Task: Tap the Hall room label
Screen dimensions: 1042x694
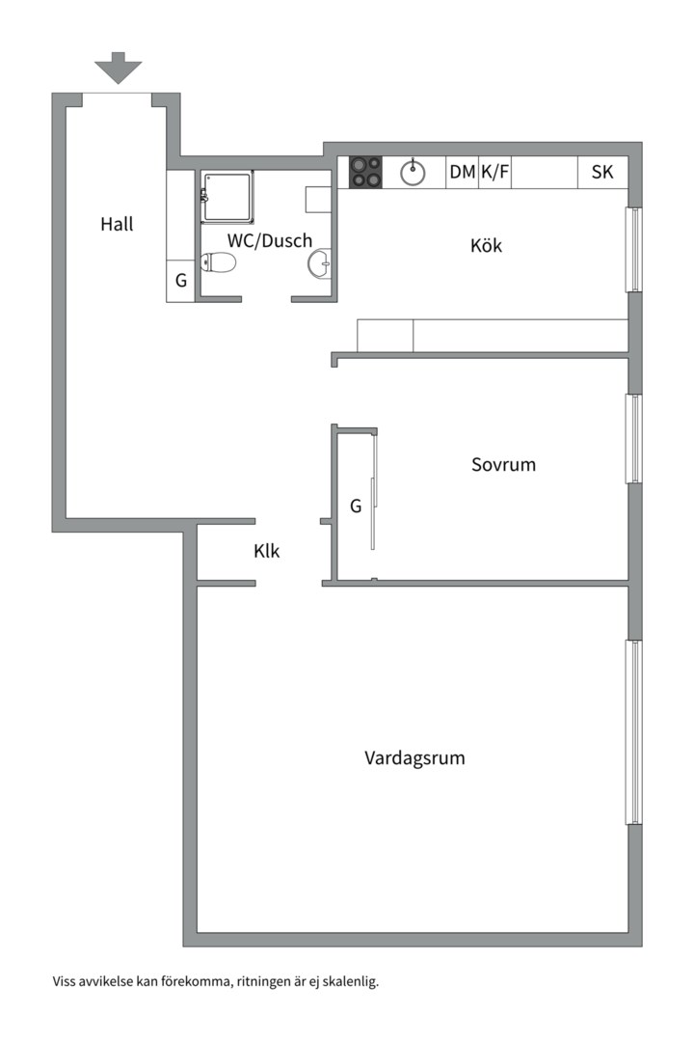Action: point(117,225)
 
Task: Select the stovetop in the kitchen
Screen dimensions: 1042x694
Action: point(365,172)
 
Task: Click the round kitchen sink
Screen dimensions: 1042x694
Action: point(414,173)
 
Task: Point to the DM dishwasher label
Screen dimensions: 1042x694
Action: point(463,173)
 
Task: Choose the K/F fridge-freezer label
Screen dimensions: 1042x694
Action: point(494,173)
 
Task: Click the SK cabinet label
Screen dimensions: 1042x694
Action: point(602,173)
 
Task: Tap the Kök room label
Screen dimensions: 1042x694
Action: point(486,246)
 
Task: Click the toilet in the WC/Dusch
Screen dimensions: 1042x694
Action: point(219,262)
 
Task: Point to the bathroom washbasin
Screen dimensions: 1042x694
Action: point(320,262)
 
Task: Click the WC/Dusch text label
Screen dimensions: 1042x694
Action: point(270,240)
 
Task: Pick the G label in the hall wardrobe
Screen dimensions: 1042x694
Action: point(180,282)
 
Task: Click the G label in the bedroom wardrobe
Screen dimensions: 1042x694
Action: point(356,506)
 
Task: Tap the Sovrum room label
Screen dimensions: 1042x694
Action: point(503,464)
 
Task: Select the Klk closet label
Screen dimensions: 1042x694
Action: point(267,552)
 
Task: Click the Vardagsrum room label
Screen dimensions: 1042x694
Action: point(414,757)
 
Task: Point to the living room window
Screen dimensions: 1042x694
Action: point(633,731)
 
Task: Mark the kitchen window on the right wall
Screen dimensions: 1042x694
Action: point(633,249)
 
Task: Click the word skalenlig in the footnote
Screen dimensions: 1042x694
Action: point(350,982)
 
